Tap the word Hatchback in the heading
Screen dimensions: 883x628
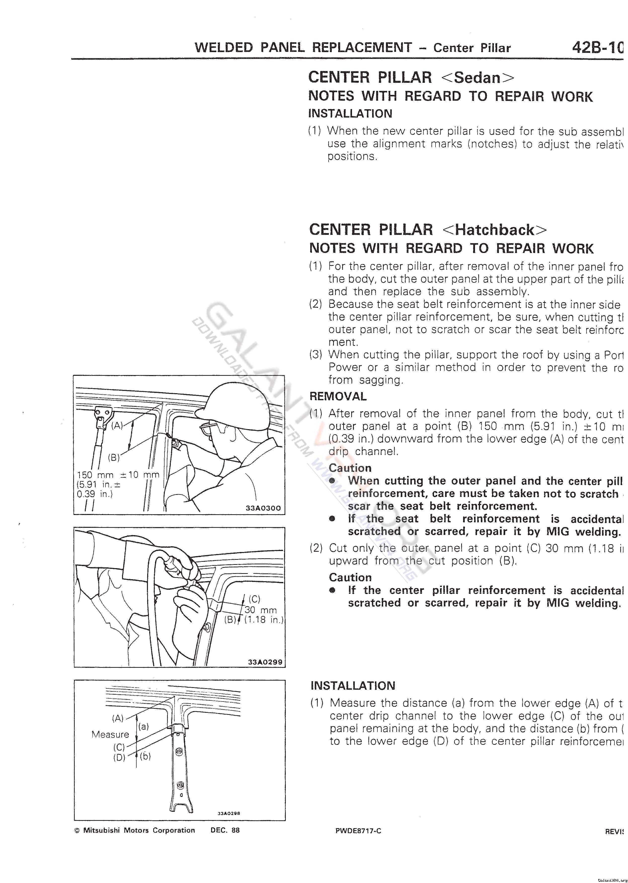pyautogui.click(x=495, y=230)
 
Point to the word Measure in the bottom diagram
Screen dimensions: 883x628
pyautogui.click(x=110, y=734)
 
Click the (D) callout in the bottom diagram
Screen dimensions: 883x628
pyautogui.click(x=119, y=757)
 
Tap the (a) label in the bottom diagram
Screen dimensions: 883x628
pyautogui.click(x=143, y=726)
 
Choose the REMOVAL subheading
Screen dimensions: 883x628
pyautogui.click(x=338, y=396)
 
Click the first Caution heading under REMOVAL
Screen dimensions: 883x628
pyautogui.click(x=349, y=468)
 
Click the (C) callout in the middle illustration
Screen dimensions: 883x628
pyautogui.click(x=254, y=599)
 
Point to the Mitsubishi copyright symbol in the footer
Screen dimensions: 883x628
pyautogui.click(x=76, y=831)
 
